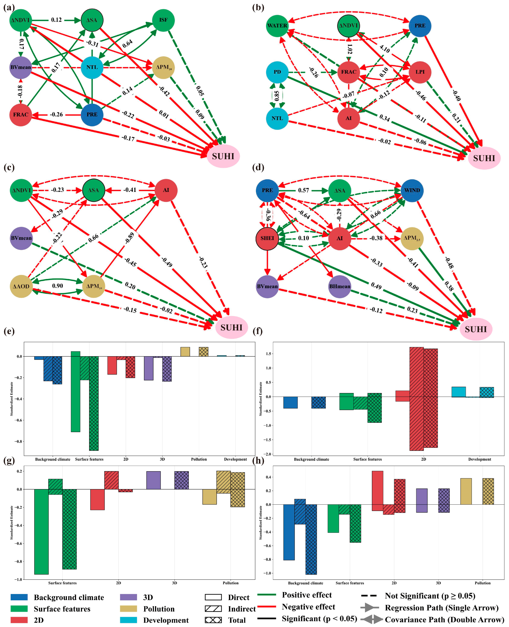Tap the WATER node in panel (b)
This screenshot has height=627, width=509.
coord(277,26)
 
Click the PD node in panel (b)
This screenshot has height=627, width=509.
coord(277,72)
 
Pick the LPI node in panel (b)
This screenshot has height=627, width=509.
coord(420,72)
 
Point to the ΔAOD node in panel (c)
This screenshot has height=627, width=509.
coord(21,286)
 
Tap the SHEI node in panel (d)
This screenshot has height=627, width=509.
coord(267,238)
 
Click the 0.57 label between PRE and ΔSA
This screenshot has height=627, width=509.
coord(303,190)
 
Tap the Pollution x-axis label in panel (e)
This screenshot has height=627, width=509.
coord(199,459)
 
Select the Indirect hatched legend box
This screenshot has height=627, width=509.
coord(213,609)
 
